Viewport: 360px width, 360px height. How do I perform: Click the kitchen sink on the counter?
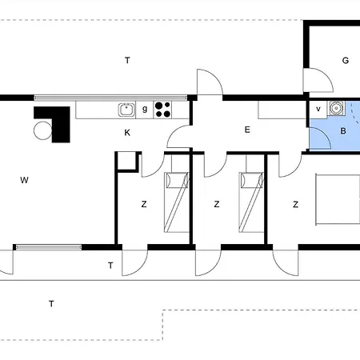[126, 110]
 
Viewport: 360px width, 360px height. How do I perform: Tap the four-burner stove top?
[162, 110]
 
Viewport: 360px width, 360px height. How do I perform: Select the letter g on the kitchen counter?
[145, 109]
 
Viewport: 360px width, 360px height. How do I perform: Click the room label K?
[127, 133]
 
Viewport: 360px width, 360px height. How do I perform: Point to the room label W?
[24, 180]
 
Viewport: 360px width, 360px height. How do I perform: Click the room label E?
[247, 130]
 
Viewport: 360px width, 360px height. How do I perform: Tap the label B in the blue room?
[343, 131]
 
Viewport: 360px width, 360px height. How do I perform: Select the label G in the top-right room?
[346, 61]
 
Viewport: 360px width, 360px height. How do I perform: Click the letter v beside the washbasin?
[318, 109]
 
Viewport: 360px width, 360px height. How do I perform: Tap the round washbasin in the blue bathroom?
[336, 108]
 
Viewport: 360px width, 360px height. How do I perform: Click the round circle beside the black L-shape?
[42, 130]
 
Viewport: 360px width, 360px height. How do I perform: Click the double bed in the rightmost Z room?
[338, 199]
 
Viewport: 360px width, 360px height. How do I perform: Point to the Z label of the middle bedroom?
[217, 204]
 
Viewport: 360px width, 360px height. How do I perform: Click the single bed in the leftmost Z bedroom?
[176, 202]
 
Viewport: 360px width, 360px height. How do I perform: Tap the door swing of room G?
[318, 80]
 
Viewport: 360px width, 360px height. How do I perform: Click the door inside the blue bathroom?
[320, 138]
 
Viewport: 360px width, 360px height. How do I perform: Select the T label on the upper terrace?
[127, 61]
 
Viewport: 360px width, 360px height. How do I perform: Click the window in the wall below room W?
[49, 247]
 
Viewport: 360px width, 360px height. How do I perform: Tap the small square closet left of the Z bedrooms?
[127, 161]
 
